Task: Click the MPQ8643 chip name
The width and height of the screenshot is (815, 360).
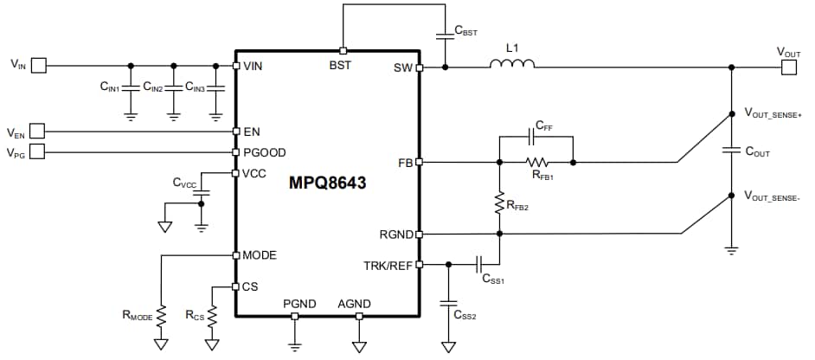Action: coord(328,183)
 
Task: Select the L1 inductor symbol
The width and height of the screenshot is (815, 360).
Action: coord(512,64)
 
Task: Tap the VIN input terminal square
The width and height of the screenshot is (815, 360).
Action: coord(49,65)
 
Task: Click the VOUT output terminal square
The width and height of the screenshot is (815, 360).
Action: coord(787,66)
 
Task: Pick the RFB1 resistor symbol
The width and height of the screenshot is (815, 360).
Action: coord(537,162)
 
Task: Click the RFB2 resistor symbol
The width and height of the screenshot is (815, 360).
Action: coord(499,203)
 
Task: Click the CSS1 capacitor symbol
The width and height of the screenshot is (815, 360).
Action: coord(483,264)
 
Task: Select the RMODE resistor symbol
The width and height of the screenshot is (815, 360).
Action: coord(161,312)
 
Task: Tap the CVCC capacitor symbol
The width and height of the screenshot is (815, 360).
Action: coord(202,194)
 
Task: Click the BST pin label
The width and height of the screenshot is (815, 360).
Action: coord(341,65)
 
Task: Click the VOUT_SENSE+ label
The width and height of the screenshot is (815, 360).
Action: coord(776,112)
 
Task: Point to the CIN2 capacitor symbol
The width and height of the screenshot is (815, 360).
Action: coord(173,87)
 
